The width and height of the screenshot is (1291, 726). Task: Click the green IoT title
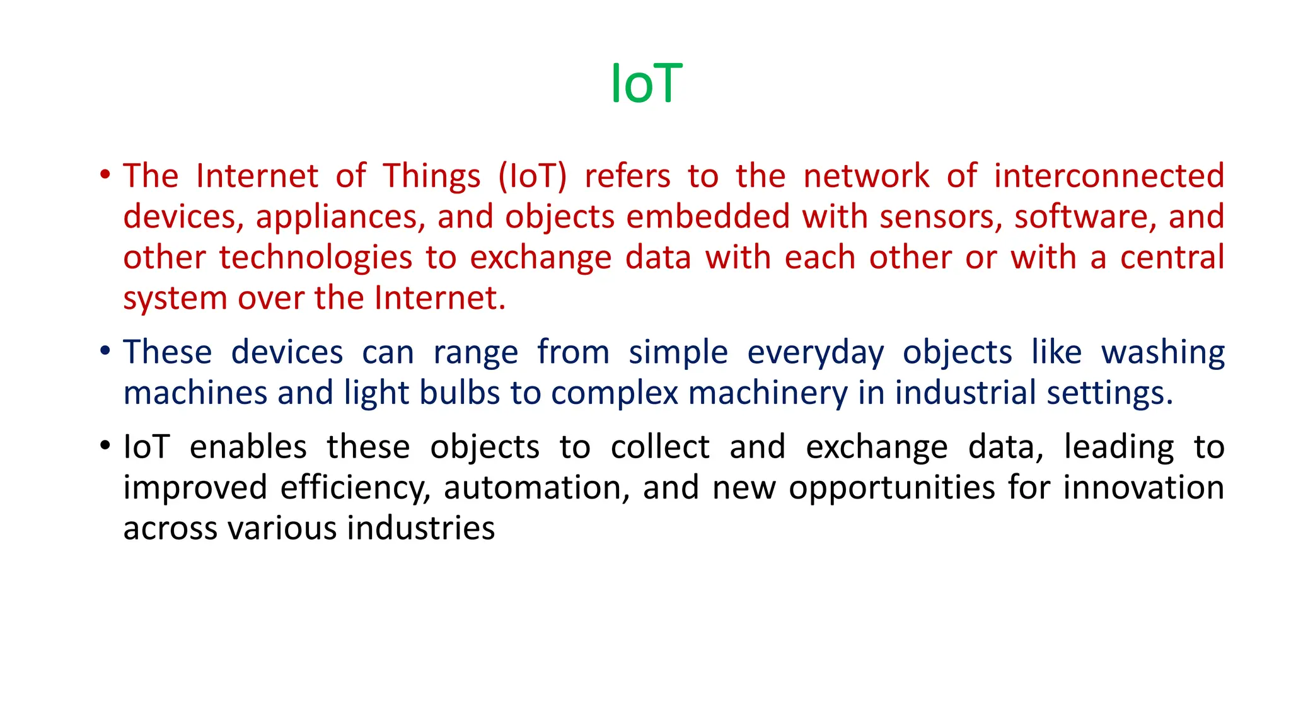pyautogui.click(x=647, y=84)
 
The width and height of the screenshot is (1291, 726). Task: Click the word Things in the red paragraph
pyautogui.click(x=432, y=176)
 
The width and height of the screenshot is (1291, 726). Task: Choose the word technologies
pyautogui.click(x=315, y=258)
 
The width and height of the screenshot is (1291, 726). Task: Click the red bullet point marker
pyautogui.click(x=105, y=174)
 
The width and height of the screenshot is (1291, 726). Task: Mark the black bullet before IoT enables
pyautogui.click(x=105, y=445)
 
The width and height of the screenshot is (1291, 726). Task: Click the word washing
pyautogui.click(x=1163, y=352)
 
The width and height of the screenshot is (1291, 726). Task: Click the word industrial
pyautogui.click(x=965, y=393)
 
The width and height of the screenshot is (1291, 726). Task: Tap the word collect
pyautogui.click(x=660, y=447)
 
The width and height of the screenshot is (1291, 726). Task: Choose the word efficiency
pyautogui.click(x=356, y=488)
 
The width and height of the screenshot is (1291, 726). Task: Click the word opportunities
pyautogui.click(x=891, y=488)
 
